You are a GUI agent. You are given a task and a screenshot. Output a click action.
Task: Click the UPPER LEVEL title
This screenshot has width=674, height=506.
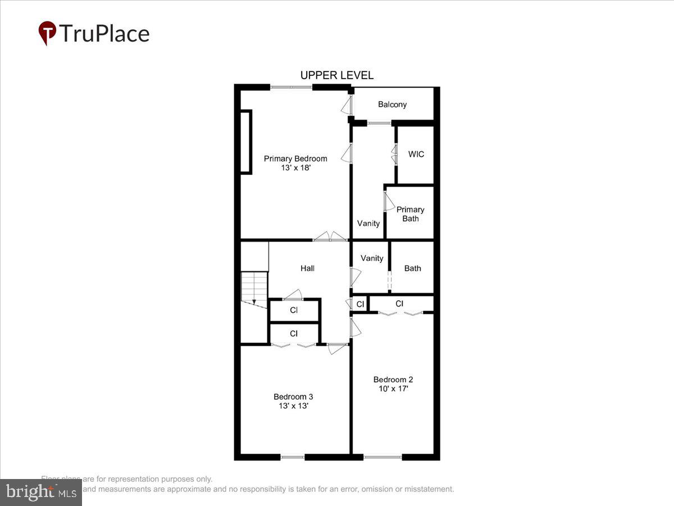[x=336, y=75]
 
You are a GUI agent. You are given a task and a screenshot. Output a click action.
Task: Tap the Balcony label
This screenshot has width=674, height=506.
[x=392, y=105]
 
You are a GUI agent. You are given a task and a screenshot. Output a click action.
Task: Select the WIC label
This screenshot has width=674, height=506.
[x=416, y=154]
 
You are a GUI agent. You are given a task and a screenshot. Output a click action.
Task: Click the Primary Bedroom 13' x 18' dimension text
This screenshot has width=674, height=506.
[x=295, y=168]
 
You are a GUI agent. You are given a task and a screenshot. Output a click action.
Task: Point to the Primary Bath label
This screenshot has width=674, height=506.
[x=410, y=214]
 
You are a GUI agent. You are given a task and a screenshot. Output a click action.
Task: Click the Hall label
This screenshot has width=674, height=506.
[x=307, y=268]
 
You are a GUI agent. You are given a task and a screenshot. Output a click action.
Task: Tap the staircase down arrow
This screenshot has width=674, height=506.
[x=254, y=301]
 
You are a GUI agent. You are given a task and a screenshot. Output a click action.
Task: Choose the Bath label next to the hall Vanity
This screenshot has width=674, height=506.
[x=412, y=268]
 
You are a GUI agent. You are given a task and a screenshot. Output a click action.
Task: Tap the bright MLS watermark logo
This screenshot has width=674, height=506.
[x=40, y=492]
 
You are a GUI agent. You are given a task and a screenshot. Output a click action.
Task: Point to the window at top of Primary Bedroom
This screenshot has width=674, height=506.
[x=291, y=87]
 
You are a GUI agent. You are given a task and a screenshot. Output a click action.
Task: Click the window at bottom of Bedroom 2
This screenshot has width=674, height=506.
[x=382, y=457]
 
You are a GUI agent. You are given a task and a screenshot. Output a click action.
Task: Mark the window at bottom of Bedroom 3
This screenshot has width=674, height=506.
[x=292, y=457]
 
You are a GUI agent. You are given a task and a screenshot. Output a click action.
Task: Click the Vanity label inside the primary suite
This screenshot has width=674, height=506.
[x=368, y=223]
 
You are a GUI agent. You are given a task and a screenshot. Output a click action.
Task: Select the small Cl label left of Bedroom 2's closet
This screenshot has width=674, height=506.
[x=360, y=304]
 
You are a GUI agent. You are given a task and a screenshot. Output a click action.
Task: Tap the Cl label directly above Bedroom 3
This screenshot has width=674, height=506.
[x=294, y=333]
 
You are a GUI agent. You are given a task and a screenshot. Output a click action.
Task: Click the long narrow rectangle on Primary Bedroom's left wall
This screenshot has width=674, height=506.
[x=246, y=142]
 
